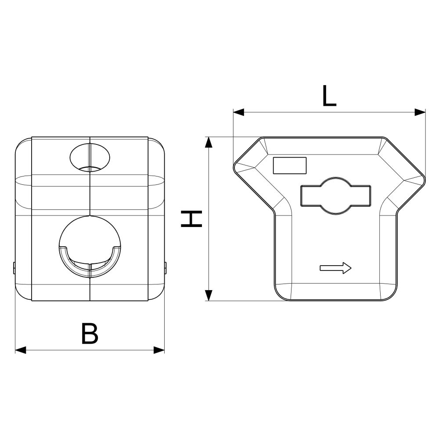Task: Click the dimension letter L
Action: [x=329, y=96]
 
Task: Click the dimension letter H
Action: [x=191, y=219]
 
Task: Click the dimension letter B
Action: [x=90, y=333]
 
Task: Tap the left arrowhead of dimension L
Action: [x=238, y=112]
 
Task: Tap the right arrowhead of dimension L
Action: [x=420, y=112]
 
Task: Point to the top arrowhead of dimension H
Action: [x=208, y=142]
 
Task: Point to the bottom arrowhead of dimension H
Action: [x=208, y=295]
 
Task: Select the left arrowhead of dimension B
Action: [x=21, y=350]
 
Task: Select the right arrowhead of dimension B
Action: [x=159, y=350]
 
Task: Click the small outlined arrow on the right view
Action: [x=335, y=268]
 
